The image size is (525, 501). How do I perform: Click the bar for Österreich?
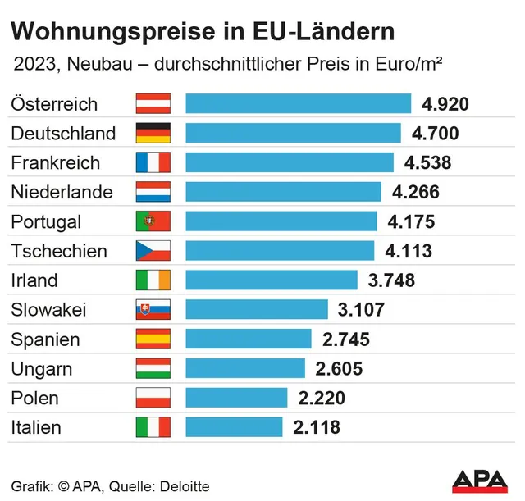(298, 103)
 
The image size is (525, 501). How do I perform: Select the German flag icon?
(153, 133)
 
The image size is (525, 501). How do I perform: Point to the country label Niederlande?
(62, 192)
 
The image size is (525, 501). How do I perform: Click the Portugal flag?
(153, 221)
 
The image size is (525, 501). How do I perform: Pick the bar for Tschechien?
(280, 251)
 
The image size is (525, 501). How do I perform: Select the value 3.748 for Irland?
(391, 280)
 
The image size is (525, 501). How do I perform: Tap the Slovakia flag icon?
(153, 310)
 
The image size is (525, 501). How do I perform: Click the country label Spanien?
(45, 339)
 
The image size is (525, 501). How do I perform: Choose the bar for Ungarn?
(245, 368)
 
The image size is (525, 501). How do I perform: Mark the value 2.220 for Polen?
(322, 398)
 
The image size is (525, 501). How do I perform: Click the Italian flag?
(153, 427)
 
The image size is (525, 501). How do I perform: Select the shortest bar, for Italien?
(234, 427)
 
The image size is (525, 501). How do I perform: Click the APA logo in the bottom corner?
(482, 480)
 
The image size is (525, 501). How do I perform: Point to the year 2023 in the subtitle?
(31, 65)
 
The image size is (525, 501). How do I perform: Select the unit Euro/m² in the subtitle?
(418, 65)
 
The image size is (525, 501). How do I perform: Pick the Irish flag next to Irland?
(153, 280)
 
